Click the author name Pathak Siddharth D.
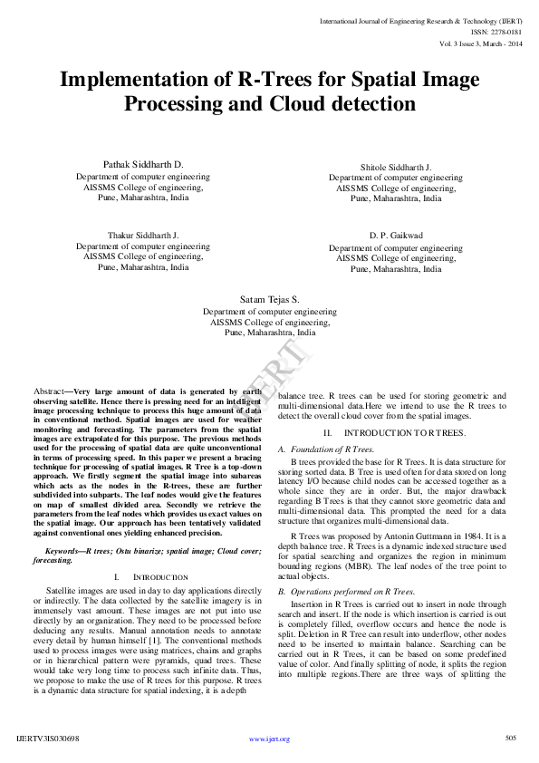click(143, 164)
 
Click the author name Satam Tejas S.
click(269, 298)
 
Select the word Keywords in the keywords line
click(63, 551)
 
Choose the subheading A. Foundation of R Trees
click(326, 449)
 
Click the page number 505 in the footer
click(510, 739)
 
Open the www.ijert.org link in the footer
click(269, 739)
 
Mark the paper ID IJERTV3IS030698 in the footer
click(48, 739)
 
